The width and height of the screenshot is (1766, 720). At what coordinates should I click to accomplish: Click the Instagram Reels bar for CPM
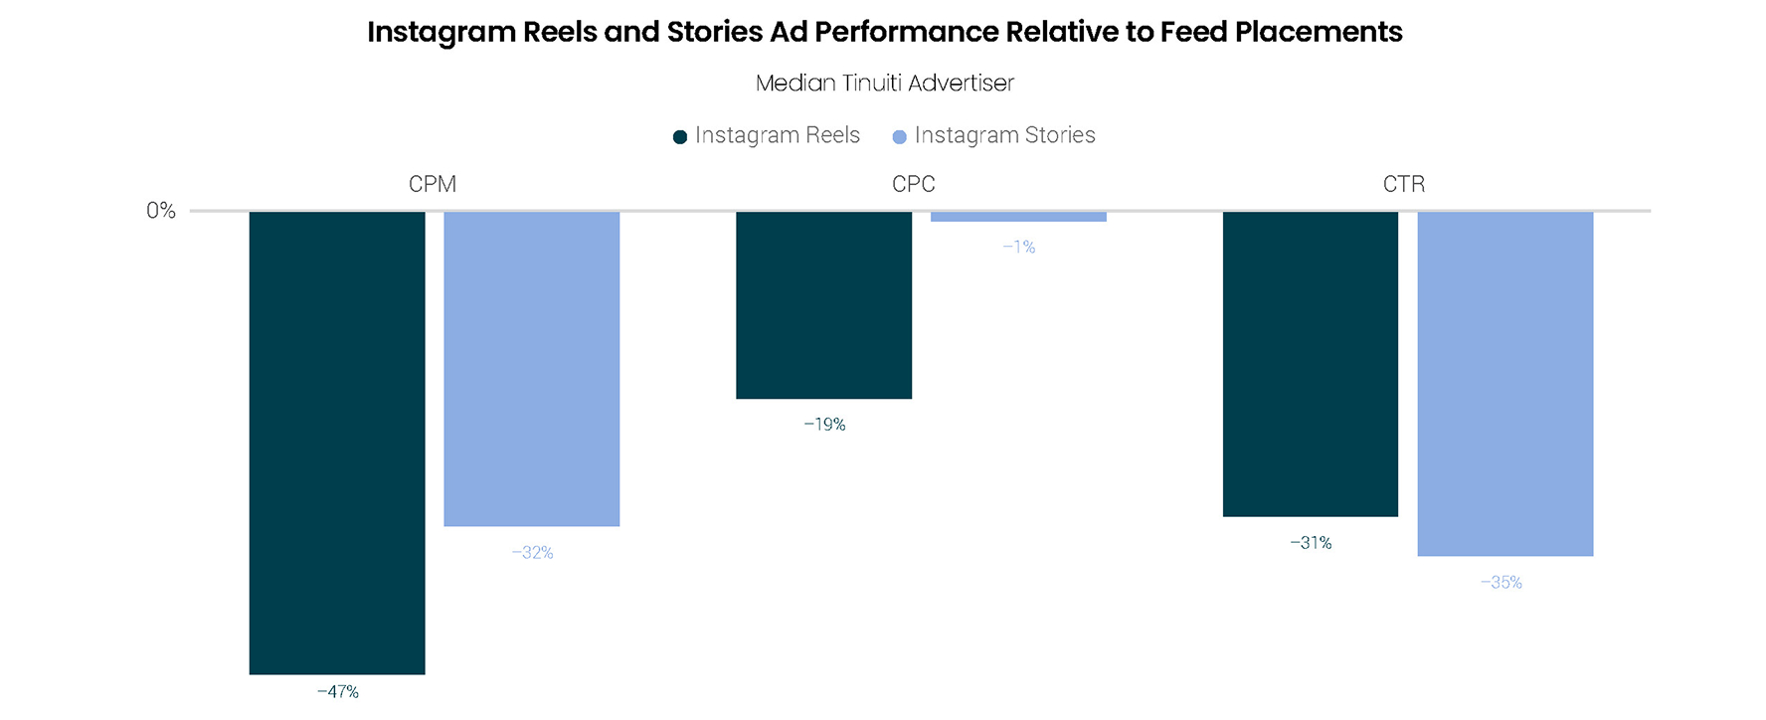click(x=337, y=443)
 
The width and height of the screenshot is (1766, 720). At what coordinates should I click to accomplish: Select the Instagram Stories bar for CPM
click(x=532, y=368)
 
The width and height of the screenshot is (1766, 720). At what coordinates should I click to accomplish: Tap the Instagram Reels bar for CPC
click(x=823, y=304)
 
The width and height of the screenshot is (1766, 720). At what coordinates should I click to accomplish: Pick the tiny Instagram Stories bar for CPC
click(x=1018, y=217)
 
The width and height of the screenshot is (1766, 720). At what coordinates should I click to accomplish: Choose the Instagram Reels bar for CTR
click(x=1310, y=363)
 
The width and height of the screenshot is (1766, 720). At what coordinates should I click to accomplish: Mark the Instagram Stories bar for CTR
click(x=1504, y=383)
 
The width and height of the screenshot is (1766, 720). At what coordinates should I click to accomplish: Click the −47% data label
click(x=338, y=692)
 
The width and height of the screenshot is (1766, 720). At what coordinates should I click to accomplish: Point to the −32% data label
click(x=533, y=553)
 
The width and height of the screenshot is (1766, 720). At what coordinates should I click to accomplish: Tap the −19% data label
click(x=824, y=425)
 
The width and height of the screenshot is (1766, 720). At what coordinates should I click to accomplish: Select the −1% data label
click(x=1019, y=247)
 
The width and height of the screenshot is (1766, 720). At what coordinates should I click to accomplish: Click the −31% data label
click(x=1311, y=543)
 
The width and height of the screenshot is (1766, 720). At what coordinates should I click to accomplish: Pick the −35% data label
click(x=1501, y=583)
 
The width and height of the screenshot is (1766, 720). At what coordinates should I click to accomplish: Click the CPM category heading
click(x=433, y=184)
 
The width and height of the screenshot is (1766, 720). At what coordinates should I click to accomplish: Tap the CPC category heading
click(x=914, y=184)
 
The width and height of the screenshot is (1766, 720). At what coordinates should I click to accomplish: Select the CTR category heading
click(x=1404, y=184)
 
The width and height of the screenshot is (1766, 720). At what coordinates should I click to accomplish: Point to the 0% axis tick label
click(x=161, y=211)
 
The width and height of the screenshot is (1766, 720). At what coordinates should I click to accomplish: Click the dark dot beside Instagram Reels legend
click(x=680, y=137)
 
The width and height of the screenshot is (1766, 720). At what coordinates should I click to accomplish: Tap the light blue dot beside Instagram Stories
click(x=899, y=137)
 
